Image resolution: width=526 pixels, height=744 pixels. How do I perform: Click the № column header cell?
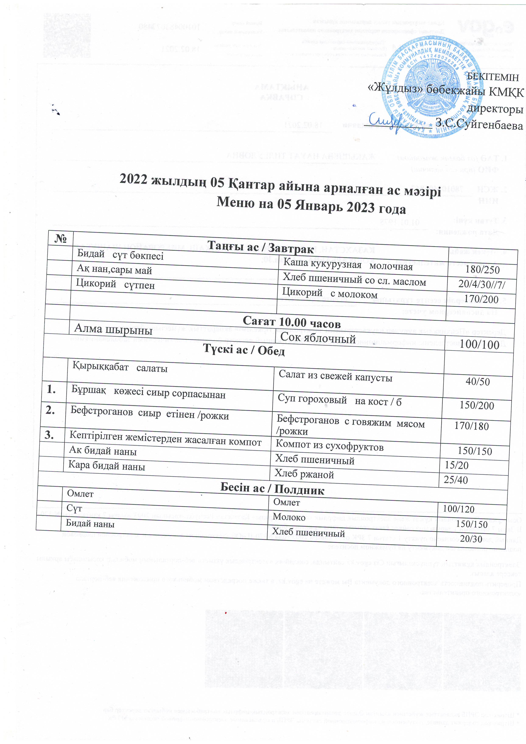pos(61,239)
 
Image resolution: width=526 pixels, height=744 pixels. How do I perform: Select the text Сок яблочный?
pos(318,338)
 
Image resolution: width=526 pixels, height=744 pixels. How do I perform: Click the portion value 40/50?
pos(477,381)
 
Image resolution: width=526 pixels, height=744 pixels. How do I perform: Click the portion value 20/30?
pos(471,538)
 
